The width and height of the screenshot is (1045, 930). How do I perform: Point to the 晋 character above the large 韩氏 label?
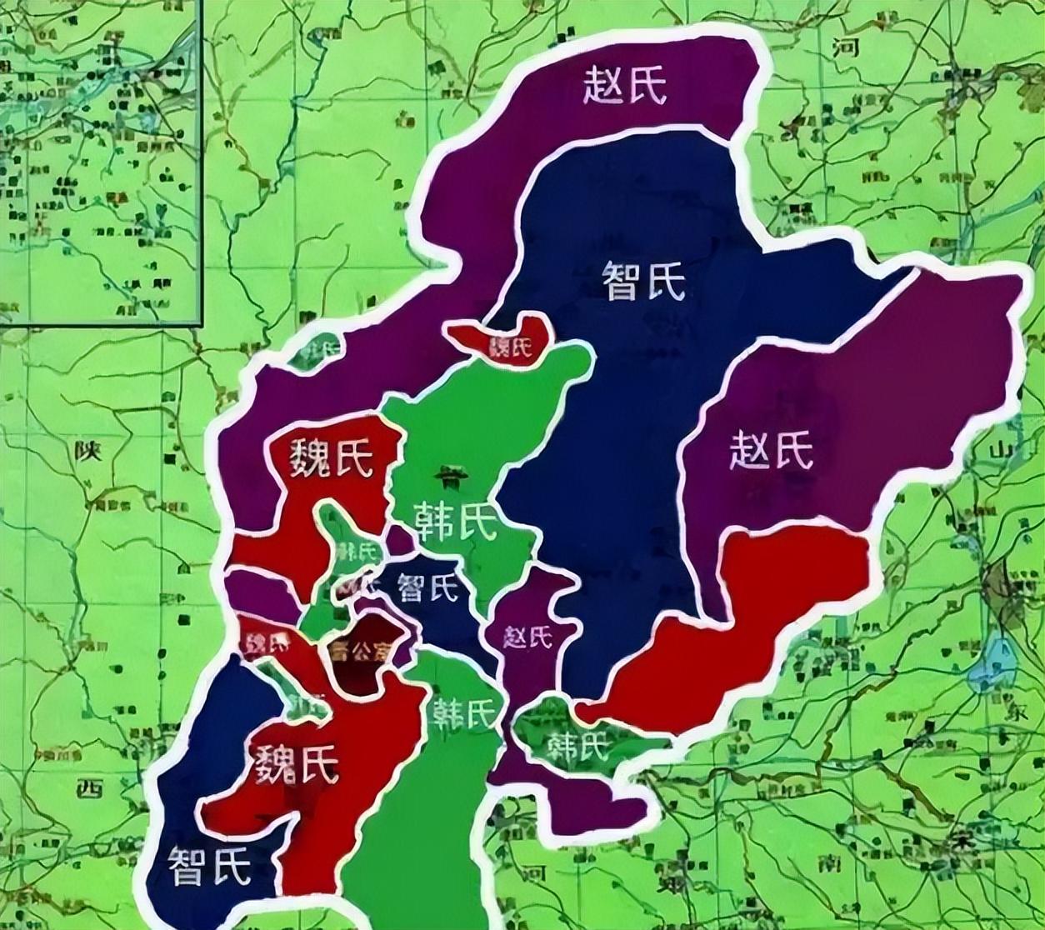452,477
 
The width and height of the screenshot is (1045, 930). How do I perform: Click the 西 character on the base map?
90,787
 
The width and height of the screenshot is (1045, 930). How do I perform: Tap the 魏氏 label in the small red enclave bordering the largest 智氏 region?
510,347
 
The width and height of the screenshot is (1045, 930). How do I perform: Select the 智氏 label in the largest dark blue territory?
643,281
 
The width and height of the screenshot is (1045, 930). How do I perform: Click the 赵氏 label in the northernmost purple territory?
625,86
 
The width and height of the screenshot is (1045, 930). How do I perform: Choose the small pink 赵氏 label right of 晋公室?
527,637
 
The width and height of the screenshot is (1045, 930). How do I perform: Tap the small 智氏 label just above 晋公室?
428,588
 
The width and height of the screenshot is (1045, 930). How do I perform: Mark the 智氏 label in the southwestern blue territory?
209,867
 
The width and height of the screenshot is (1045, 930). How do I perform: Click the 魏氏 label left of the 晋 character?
332,458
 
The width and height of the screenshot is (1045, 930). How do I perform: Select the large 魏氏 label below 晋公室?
297,763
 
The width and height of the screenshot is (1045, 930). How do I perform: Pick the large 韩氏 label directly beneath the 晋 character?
454,522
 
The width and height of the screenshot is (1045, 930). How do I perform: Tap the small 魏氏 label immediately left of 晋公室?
265,642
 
